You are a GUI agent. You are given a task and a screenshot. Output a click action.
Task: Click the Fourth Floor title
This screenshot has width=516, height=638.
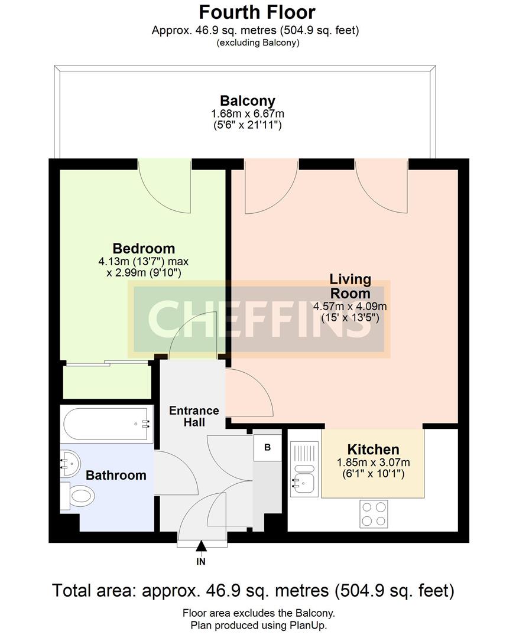[x=257, y=12]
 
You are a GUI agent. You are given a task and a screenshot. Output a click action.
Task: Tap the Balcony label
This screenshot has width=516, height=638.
[x=247, y=101]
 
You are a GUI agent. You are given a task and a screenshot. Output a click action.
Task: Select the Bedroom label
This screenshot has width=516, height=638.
[x=144, y=248]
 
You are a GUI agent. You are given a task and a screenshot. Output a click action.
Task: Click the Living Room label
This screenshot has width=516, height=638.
[x=350, y=285]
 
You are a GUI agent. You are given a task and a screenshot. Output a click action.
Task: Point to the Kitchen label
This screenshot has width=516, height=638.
[x=373, y=450]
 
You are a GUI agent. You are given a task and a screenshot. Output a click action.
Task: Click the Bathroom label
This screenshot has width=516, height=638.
[x=116, y=475]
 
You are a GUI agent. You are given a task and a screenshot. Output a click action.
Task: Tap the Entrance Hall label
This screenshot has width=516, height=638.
[x=194, y=416]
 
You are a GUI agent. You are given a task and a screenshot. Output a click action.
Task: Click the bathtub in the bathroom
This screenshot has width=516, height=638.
[x=106, y=424]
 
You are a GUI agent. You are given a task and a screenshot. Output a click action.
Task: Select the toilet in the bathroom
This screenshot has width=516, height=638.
[x=79, y=494]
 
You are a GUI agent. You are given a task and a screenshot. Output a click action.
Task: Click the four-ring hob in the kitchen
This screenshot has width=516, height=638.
[x=374, y=513]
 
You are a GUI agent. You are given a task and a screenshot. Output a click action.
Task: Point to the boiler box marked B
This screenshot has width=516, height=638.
[x=267, y=448]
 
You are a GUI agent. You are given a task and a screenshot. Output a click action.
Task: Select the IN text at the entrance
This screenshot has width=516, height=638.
[x=201, y=562]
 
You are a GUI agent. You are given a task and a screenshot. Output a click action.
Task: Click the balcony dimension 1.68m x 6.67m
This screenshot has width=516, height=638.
[x=247, y=113]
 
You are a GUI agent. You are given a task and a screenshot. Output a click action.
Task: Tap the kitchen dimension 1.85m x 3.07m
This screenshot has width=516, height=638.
[x=373, y=463]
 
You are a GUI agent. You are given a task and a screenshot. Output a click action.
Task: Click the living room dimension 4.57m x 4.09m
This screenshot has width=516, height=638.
[x=350, y=306]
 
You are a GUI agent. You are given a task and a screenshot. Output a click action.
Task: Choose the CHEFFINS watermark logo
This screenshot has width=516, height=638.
[x=259, y=320]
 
